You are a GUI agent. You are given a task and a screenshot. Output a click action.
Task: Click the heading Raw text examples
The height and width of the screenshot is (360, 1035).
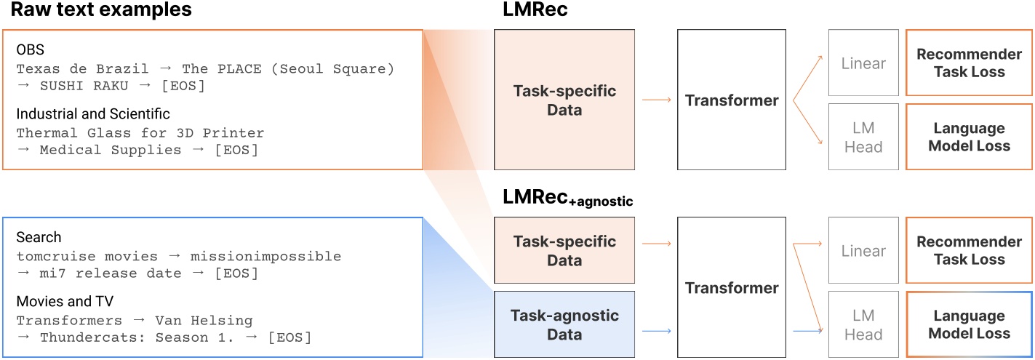tap(101, 11)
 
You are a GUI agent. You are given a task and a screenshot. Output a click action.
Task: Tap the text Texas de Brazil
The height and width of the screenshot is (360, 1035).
tap(82, 69)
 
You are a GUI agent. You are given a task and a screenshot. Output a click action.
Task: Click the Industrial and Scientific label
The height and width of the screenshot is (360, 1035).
tap(93, 114)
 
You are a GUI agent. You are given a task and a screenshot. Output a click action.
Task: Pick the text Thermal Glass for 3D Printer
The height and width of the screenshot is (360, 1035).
tap(140, 133)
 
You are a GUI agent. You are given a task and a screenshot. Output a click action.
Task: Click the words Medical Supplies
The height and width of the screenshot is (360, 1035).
tap(110, 150)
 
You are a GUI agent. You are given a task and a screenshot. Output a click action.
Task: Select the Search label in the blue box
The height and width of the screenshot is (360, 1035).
tap(39, 238)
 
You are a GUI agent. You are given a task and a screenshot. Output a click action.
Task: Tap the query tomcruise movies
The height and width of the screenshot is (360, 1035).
tap(87, 257)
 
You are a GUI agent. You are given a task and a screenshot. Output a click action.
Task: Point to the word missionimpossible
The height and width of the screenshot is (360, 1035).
tap(265, 257)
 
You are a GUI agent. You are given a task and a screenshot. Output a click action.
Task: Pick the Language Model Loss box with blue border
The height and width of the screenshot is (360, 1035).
tap(968, 325)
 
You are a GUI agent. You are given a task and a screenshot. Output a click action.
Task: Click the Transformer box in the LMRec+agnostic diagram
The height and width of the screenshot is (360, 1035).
tap(731, 287)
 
